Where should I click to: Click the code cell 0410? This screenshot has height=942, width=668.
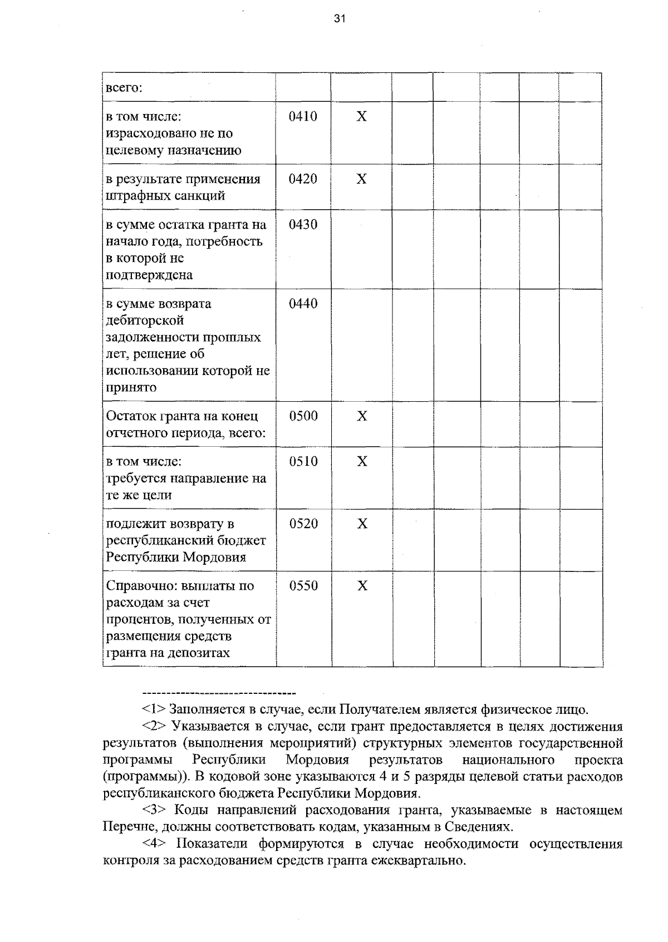[303, 116]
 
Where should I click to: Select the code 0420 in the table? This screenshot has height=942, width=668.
[303, 179]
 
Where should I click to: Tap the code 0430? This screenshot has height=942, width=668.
[303, 224]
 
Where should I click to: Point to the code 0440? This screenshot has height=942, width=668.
[303, 303]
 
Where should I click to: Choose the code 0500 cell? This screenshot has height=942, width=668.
[303, 416]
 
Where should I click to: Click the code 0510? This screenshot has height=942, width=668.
[303, 461]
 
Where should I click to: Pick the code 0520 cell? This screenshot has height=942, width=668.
[303, 524]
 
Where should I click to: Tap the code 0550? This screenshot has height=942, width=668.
[303, 585]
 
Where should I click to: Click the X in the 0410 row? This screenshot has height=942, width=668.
[362, 116]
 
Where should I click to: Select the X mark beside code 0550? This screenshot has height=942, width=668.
[362, 585]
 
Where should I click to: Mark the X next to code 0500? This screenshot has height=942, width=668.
[362, 416]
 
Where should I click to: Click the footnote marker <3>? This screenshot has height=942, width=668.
[154, 810]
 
